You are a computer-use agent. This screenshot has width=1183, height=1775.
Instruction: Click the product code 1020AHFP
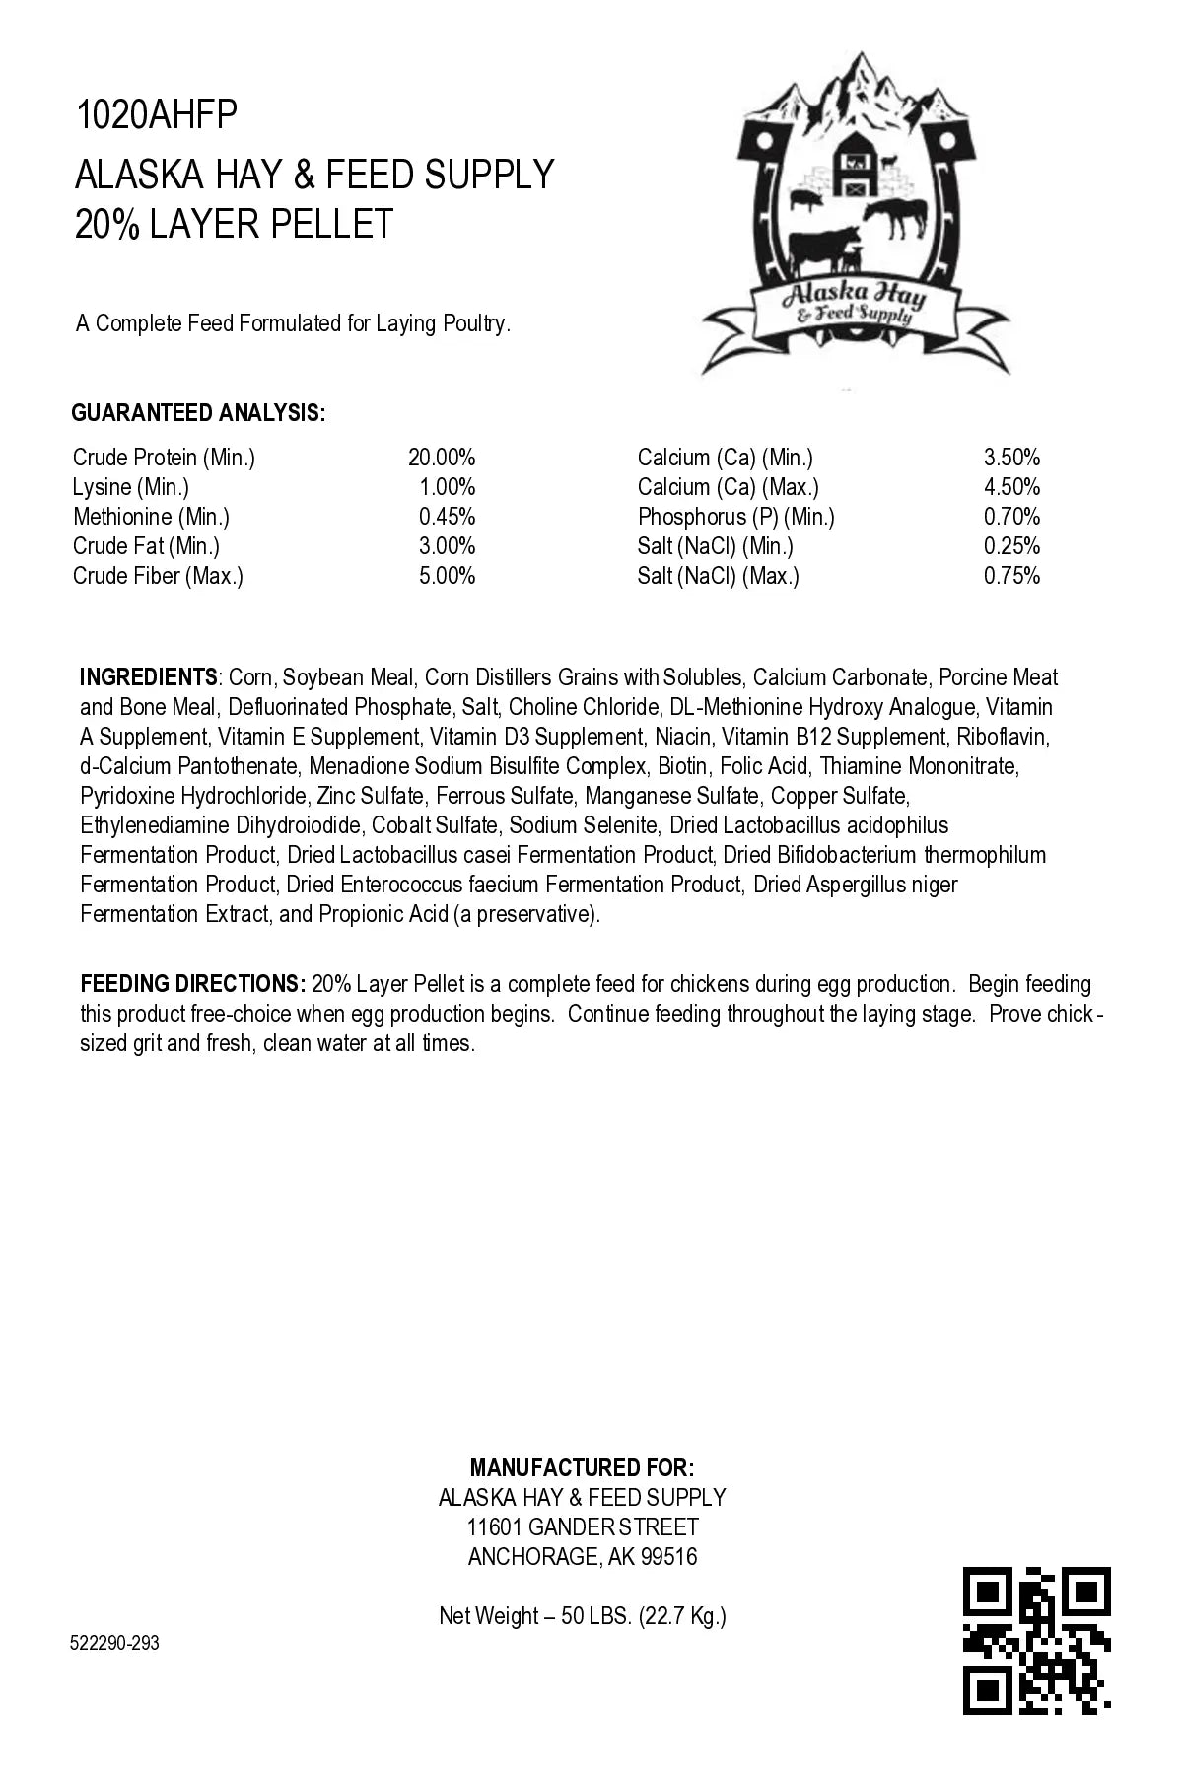[157, 116]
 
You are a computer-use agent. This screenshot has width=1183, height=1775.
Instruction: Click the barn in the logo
[855, 169]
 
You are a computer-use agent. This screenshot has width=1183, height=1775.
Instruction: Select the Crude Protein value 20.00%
[442, 458]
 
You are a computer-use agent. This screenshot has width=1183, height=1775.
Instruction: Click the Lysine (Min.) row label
[131, 487]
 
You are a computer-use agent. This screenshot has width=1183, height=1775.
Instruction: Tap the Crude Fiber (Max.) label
[158, 576]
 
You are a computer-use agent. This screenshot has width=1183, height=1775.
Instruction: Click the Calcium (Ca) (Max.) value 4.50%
[1011, 487]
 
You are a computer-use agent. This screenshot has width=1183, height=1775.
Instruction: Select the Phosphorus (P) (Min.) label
[735, 517]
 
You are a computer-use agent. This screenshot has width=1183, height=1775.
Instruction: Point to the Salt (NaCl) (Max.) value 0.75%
[1011, 576]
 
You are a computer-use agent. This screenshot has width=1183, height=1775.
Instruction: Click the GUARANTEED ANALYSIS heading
[198, 413]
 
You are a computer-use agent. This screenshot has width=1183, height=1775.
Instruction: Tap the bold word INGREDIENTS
[148, 677]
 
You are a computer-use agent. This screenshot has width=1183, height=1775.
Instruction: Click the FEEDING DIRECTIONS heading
[192, 984]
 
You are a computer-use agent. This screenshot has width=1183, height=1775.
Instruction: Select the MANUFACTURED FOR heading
[582, 1468]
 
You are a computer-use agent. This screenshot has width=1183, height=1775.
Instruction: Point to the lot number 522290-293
[115, 1643]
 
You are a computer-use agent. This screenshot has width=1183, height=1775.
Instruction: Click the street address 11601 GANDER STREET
[583, 1527]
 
